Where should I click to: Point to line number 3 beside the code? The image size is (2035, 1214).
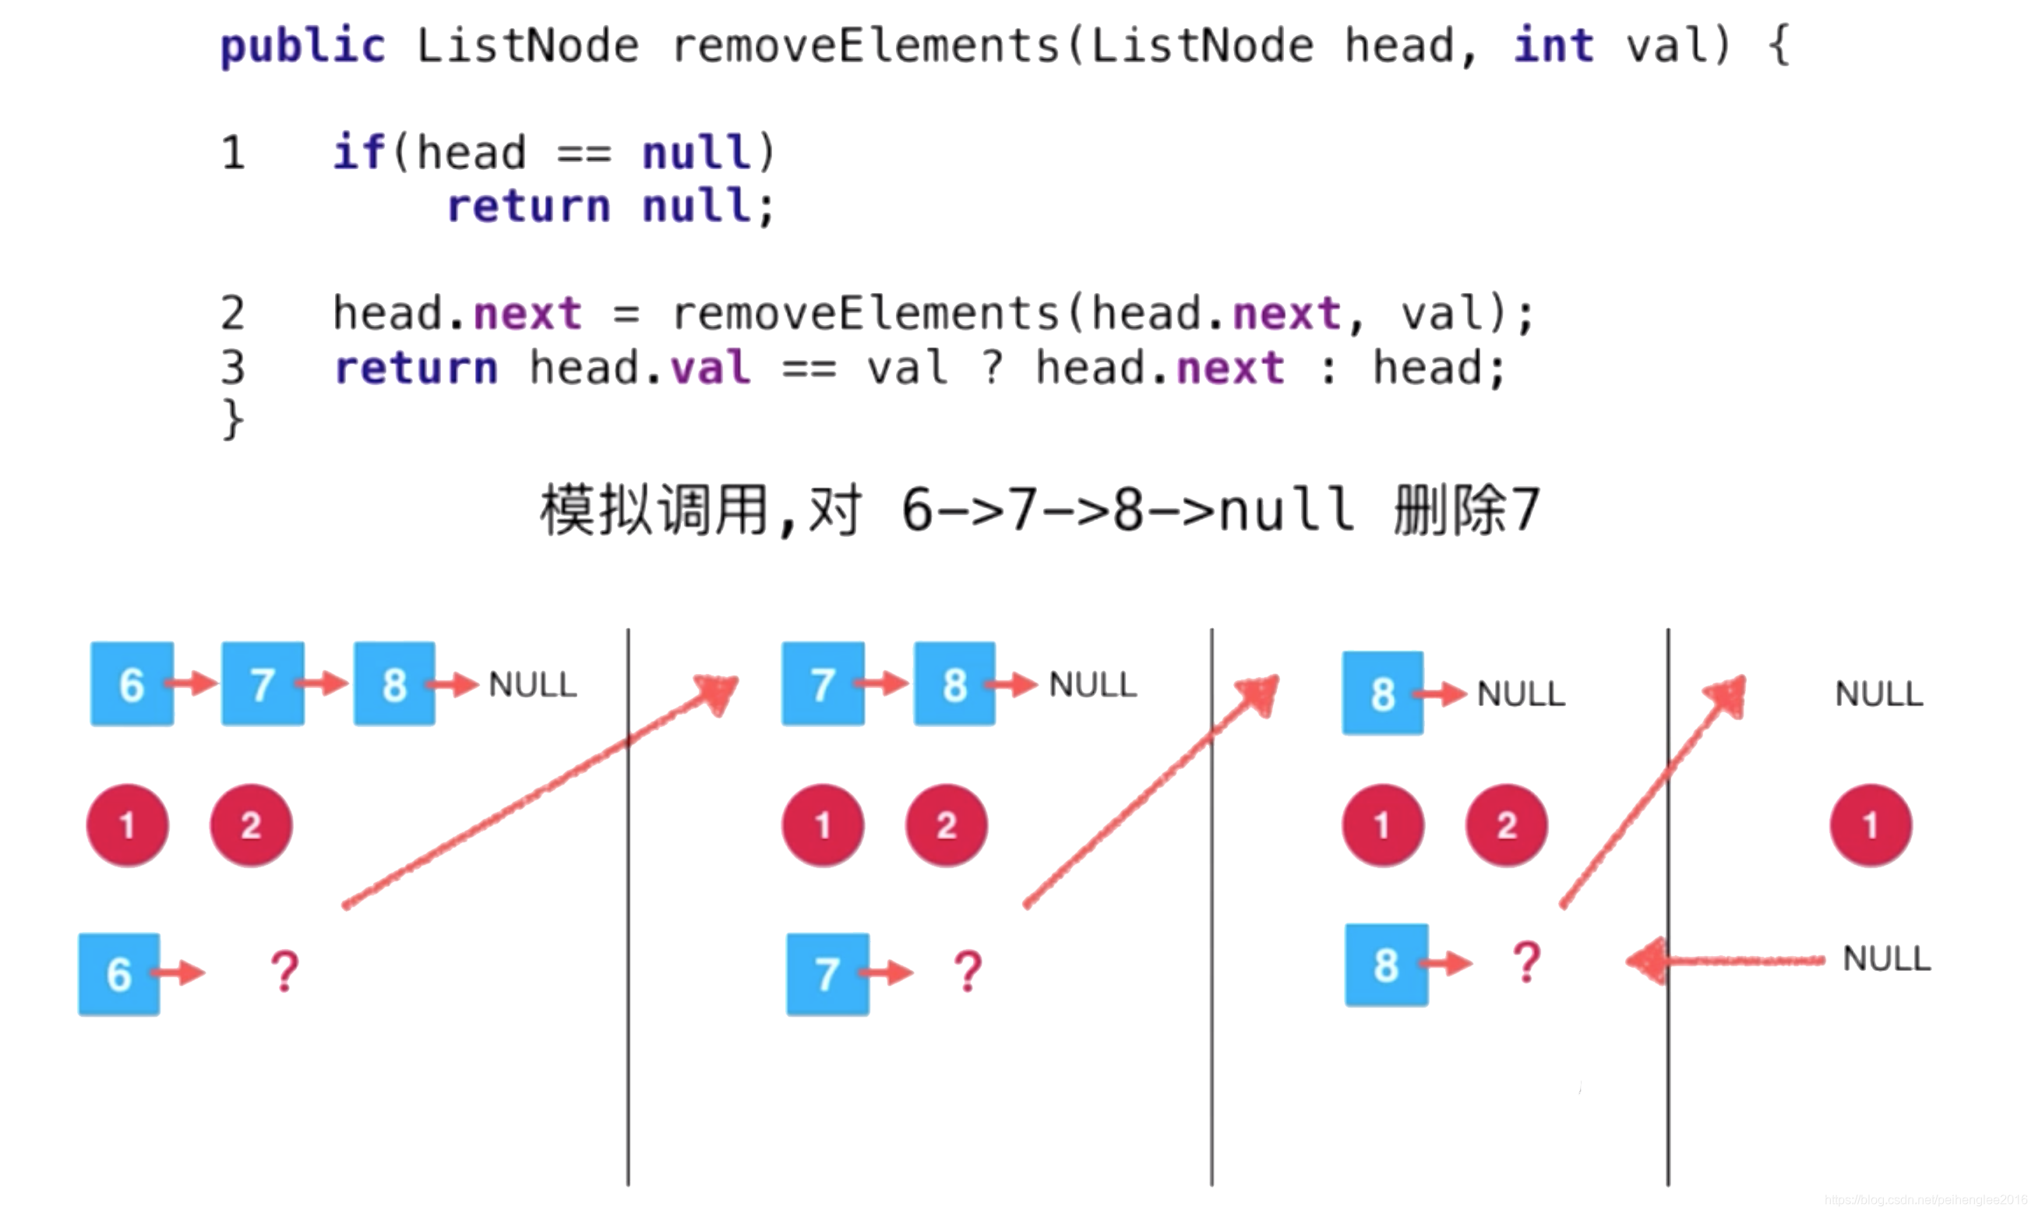(233, 367)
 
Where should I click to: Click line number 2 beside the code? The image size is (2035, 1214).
(233, 313)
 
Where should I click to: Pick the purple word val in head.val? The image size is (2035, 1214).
(709, 367)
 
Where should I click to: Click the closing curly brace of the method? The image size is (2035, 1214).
(233, 419)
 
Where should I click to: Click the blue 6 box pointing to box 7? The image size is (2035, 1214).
(132, 684)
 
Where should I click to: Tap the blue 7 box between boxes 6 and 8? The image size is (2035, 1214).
(263, 684)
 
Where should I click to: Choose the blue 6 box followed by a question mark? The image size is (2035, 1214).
(119, 974)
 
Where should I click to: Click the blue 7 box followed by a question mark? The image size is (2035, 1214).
(827, 974)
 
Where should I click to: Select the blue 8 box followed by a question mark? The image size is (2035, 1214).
(1385, 965)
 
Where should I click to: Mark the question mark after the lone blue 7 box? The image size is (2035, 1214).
(968, 972)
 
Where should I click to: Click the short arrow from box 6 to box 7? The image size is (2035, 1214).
(193, 683)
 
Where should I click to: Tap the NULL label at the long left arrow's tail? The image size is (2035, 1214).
(1886, 958)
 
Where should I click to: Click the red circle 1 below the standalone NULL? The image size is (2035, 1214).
(1870, 825)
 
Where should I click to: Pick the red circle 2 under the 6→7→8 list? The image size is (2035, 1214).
(251, 825)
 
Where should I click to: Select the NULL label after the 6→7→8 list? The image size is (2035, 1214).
(532, 685)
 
